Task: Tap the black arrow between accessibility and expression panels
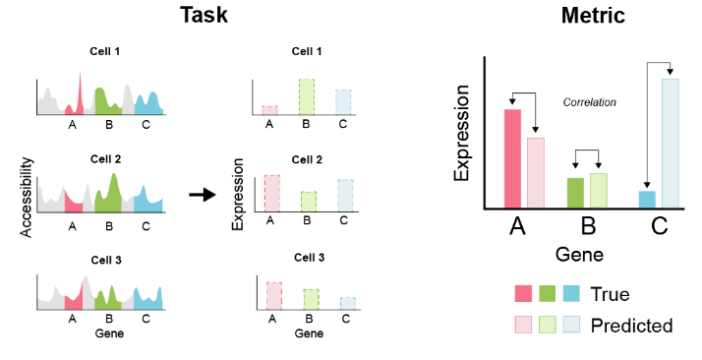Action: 202,195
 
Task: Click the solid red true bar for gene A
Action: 512,159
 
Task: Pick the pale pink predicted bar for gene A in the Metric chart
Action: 536,173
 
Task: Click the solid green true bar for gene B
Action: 575,193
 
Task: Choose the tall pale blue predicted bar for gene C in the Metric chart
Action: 670,144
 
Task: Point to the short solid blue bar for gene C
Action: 646,200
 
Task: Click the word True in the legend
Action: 609,294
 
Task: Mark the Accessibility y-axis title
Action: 27,195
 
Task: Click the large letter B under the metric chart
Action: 588,227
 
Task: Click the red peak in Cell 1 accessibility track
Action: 79,96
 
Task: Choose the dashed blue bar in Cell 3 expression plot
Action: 347,303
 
